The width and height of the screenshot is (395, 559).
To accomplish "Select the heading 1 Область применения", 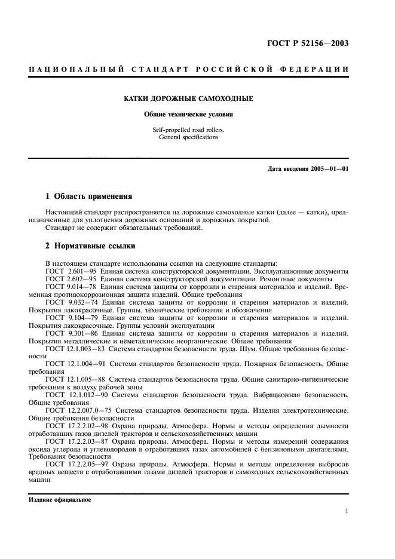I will point(89,196).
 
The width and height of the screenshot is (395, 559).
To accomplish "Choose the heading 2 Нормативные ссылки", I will point(90,245).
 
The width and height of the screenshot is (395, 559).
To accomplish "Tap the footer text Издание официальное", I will point(60,500).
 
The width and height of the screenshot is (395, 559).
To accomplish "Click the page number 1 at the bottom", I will point(347,511).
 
